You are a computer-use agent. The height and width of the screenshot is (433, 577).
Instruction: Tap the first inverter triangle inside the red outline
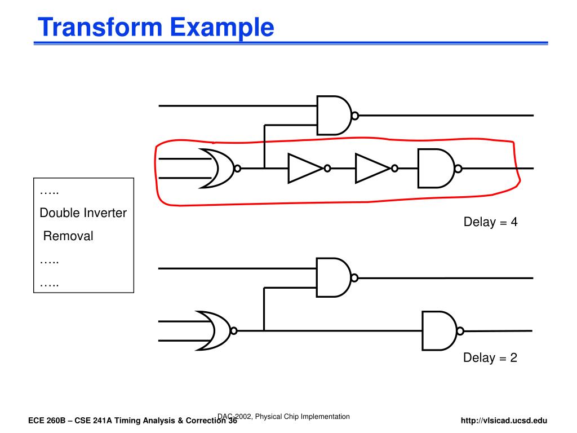coord(304,168)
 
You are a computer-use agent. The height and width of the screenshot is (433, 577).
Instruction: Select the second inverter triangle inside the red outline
coord(371,168)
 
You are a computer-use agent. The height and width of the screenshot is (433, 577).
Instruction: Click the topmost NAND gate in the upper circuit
coord(334,115)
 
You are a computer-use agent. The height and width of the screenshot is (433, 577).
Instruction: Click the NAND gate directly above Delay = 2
coord(440,330)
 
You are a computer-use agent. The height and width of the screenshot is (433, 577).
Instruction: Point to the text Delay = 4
coord(490,222)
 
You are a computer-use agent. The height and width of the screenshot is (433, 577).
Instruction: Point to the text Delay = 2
coord(490,357)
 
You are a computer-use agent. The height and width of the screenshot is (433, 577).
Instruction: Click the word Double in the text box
coord(60,213)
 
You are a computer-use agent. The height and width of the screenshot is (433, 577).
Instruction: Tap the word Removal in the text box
coord(68,236)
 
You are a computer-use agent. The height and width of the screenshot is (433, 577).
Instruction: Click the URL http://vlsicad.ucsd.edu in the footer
coord(504,421)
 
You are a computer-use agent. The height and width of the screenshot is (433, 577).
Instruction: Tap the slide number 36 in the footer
coord(232,421)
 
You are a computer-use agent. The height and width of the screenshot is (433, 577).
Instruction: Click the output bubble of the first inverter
coord(327,168)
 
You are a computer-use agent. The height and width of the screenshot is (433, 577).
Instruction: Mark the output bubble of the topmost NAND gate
coord(355,116)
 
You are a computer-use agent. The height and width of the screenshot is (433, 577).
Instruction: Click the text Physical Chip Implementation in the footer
coord(302,416)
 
